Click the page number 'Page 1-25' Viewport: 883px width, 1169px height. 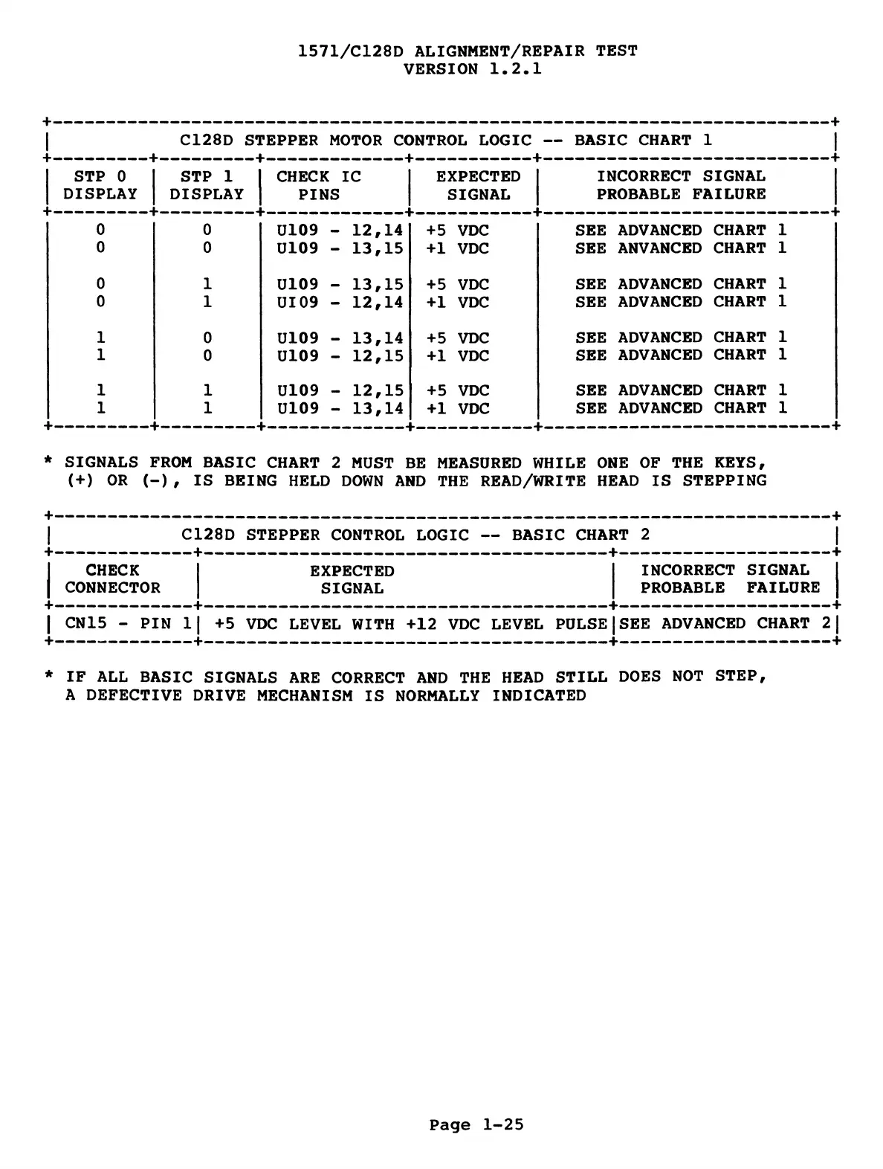tap(476, 1124)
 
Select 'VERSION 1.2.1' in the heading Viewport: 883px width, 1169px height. tap(472, 69)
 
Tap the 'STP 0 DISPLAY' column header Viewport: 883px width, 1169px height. tap(100, 185)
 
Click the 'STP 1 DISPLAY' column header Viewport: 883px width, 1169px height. tap(207, 185)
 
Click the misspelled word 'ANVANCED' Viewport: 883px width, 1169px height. tap(659, 248)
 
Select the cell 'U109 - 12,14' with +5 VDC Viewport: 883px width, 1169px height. tap(340, 231)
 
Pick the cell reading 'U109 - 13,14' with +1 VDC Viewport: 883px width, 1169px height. tap(340, 408)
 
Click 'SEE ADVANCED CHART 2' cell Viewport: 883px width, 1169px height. tap(724, 623)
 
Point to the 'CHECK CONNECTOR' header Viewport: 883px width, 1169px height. tap(112, 579)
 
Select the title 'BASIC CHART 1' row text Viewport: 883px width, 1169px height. tap(446, 140)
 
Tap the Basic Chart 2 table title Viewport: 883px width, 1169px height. tap(415, 535)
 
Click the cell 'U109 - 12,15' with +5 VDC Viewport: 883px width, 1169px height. tap(340, 390)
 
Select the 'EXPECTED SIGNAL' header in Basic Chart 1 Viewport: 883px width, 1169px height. tap(478, 185)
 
